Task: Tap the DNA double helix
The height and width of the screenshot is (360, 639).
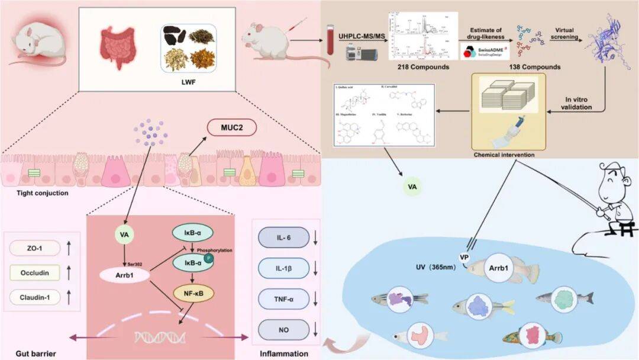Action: [x=155, y=338]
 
